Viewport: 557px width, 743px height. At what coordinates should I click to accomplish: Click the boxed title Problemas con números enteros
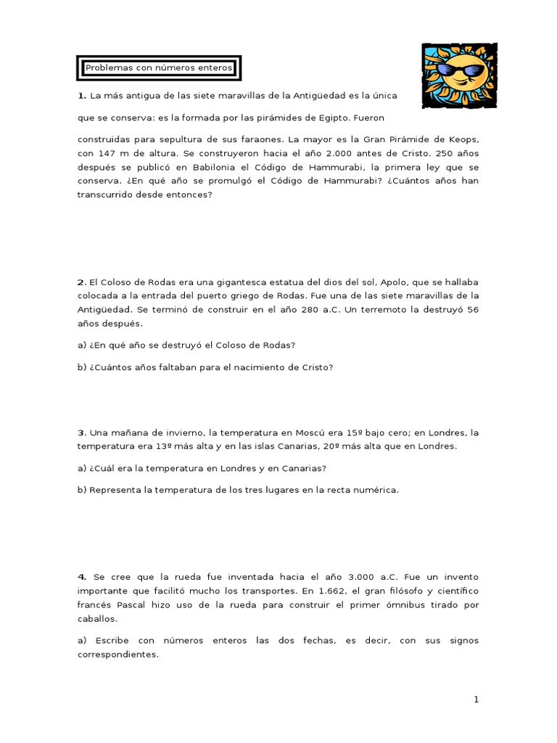[159, 68]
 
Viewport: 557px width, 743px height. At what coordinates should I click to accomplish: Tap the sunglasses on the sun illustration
[461, 71]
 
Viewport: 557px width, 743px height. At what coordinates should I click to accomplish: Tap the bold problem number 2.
[81, 282]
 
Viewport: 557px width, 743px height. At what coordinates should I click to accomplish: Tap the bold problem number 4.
[82, 577]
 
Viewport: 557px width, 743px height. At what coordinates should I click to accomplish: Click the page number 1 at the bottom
[476, 699]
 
